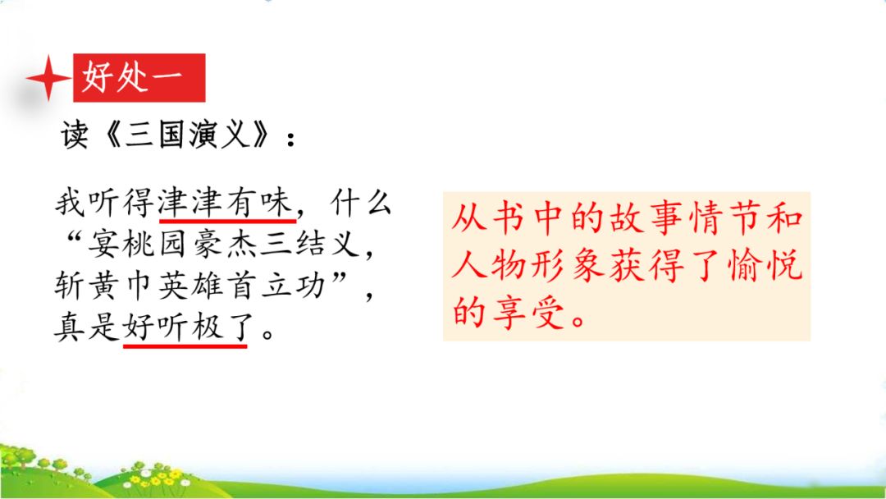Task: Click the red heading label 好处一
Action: pyautogui.click(x=139, y=79)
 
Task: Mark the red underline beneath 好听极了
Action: pyautogui.click(x=185, y=346)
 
